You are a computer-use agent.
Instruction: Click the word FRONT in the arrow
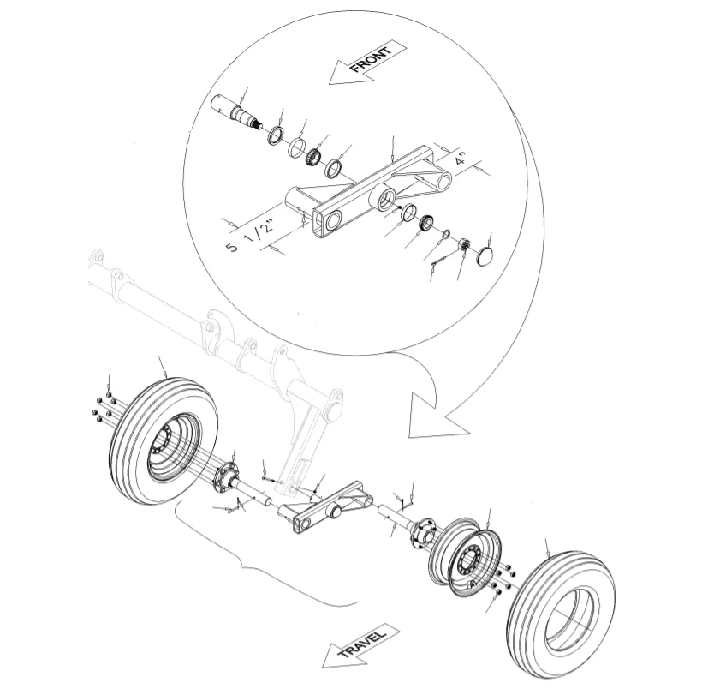point(371,59)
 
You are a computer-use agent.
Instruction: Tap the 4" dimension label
point(461,160)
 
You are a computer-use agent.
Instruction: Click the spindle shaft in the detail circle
point(238,111)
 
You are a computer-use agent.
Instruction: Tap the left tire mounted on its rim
point(163,440)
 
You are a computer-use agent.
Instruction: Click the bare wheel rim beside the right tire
point(465,557)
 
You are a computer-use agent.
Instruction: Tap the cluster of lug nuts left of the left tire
point(104,407)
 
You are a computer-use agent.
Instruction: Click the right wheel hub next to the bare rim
point(425,532)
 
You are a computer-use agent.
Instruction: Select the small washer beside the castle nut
point(446,235)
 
